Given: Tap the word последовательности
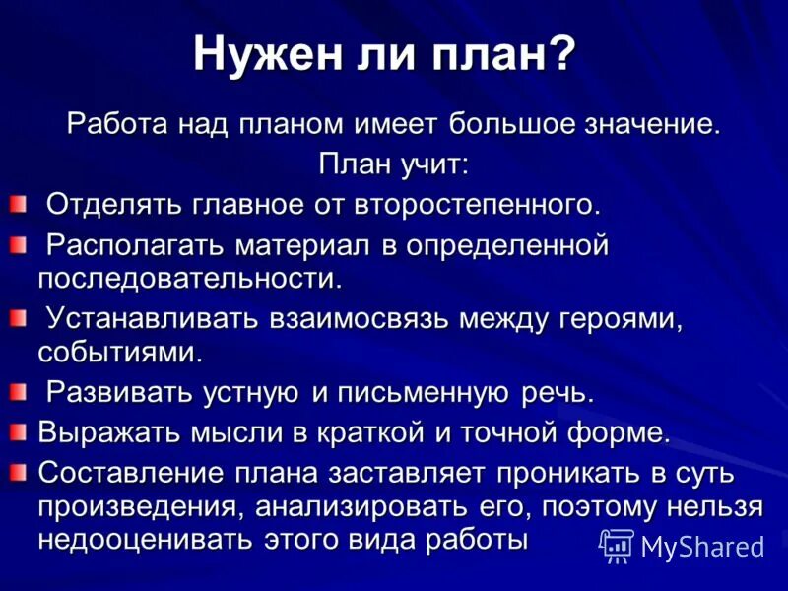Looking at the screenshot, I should point(189,279).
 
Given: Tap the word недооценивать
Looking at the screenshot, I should point(143,540).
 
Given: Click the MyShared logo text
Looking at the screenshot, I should point(702,546).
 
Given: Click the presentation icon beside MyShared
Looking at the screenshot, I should point(618,544).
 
